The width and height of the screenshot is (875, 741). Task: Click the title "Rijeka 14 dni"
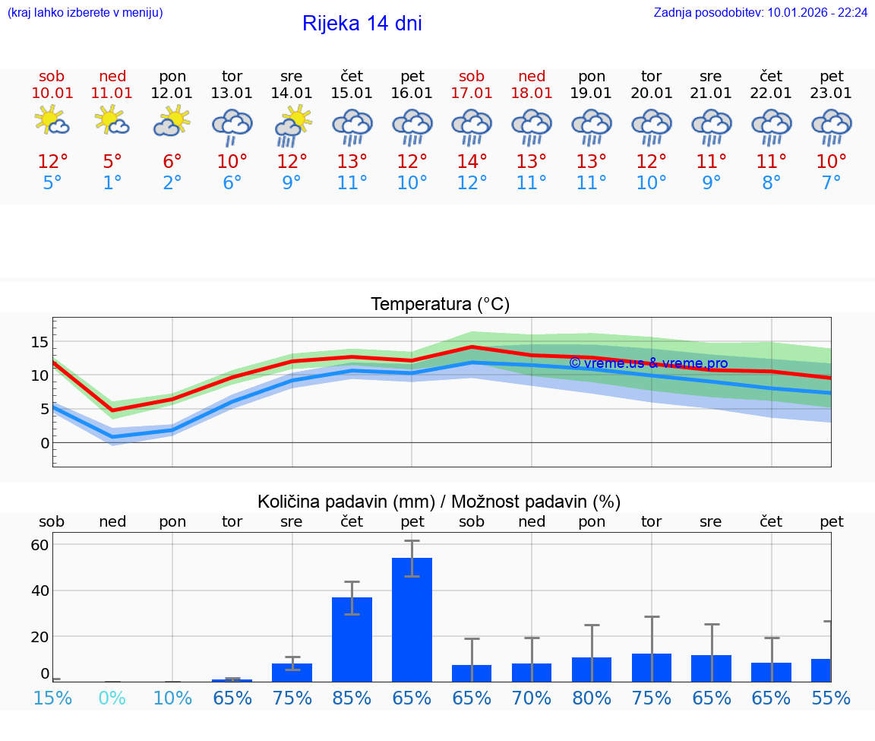[x=362, y=24]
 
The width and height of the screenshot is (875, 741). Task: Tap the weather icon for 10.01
[x=52, y=122]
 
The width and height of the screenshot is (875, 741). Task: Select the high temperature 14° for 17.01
[x=472, y=162]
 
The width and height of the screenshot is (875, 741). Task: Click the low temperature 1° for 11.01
[x=112, y=182]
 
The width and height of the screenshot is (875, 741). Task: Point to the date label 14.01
[x=292, y=93]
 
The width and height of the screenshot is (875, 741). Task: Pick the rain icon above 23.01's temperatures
[x=831, y=127]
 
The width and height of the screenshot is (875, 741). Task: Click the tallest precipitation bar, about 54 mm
[x=412, y=619]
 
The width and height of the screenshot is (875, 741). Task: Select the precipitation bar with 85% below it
[x=352, y=639]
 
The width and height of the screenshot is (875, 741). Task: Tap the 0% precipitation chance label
[x=112, y=698]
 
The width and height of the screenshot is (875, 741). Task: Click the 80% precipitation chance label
[x=592, y=698]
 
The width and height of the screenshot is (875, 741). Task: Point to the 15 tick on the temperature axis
[x=40, y=342]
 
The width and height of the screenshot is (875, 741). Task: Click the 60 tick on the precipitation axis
[x=40, y=545]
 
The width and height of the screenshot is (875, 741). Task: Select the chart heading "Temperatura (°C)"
[x=440, y=305]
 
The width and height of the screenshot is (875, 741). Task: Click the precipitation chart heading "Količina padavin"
[x=439, y=502]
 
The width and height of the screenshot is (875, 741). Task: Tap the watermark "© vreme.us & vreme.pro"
[x=648, y=363]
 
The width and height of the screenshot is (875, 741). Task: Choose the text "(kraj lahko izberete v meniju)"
[x=85, y=12]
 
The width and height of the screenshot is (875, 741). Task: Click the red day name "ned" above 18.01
[x=532, y=76]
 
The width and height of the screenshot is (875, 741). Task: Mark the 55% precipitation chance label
[x=831, y=698]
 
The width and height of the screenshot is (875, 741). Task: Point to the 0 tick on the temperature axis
[x=45, y=442]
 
